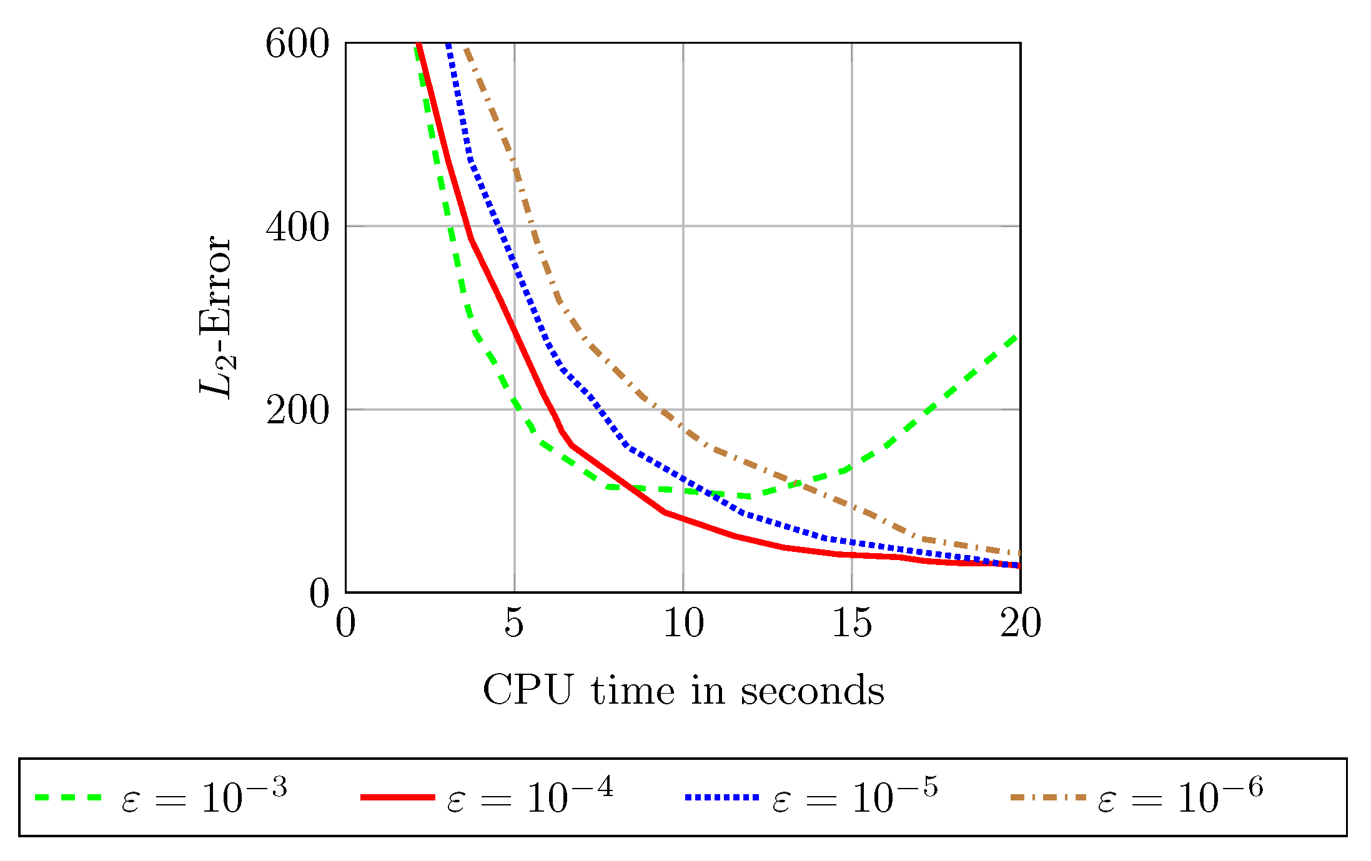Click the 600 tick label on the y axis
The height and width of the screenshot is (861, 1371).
(297, 45)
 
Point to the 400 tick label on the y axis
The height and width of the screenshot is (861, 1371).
(297, 228)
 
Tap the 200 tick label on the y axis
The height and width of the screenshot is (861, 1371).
(297, 411)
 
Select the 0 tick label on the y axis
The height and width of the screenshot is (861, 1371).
(319, 593)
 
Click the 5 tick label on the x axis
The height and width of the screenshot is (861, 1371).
(514, 623)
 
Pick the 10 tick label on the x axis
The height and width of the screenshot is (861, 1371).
(683, 623)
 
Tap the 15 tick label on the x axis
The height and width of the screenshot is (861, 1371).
(852, 623)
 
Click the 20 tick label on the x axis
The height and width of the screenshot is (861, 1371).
(1021, 623)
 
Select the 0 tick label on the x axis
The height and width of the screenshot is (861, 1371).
(345, 623)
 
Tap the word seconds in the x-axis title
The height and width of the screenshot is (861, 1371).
(813, 691)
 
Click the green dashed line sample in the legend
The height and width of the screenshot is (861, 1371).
(68, 797)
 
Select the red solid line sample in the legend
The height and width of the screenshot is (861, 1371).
(398, 797)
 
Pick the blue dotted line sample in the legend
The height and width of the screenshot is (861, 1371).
(722, 797)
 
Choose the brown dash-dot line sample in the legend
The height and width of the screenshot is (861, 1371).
(1047, 797)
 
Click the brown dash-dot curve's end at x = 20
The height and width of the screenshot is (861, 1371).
(1019, 554)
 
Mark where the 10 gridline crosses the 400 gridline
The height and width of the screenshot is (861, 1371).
(683, 226)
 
